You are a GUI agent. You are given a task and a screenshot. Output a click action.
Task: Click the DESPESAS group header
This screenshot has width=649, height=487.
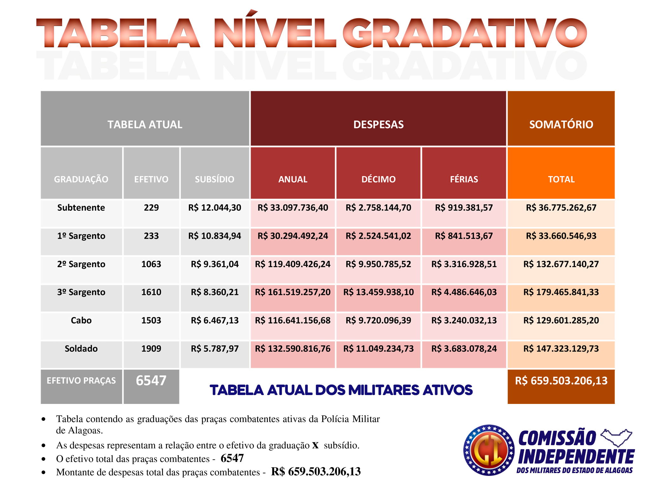click(378, 124)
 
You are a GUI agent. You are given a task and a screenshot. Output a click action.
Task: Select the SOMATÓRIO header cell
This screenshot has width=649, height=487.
click(561, 124)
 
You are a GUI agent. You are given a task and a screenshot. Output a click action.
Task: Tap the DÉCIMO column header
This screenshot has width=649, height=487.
click(378, 179)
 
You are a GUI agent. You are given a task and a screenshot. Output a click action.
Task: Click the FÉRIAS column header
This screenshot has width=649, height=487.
click(464, 179)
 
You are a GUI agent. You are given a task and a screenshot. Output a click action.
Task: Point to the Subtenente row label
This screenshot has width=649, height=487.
click(81, 208)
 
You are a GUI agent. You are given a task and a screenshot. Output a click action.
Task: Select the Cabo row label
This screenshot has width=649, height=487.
click(81, 320)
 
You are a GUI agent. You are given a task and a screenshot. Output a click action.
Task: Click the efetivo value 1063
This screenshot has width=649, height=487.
click(151, 264)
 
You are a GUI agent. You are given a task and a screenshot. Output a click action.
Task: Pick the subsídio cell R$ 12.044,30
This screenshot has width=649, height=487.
click(215, 208)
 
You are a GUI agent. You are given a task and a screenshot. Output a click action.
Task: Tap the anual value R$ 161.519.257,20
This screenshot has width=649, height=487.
click(293, 292)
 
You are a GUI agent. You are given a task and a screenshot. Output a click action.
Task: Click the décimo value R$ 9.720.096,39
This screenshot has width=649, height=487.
click(378, 320)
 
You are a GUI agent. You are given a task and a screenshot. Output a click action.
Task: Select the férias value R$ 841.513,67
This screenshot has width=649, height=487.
click(464, 236)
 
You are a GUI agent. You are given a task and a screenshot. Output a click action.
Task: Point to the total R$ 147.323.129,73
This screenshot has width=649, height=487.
click(561, 348)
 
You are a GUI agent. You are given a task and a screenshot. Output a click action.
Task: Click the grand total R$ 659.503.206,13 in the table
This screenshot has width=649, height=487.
click(561, 380)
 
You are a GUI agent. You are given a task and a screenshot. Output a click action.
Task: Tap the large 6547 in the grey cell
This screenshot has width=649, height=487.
click(151, 380)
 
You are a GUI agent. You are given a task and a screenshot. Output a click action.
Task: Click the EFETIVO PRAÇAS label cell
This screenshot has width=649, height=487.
click(81, 380)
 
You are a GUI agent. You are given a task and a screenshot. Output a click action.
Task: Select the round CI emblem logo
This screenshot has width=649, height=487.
click(489, 450)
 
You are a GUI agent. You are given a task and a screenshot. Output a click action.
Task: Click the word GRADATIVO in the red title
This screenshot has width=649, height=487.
click(464, 33)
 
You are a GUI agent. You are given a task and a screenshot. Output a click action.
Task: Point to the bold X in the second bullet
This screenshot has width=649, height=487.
click(315, 445)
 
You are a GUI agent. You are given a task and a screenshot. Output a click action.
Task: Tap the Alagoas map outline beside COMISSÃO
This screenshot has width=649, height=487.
click(616, 438)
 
